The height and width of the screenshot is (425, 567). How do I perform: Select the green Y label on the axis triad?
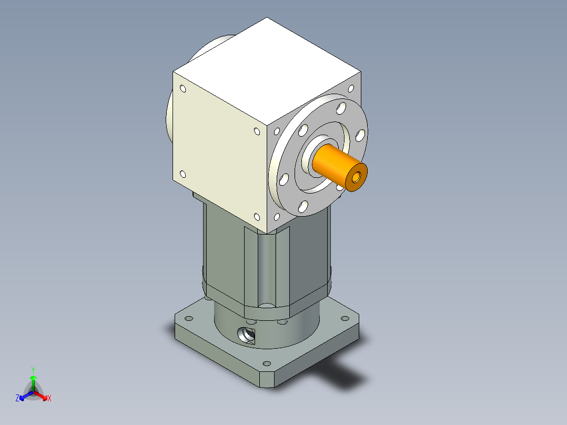(x=33, y=369)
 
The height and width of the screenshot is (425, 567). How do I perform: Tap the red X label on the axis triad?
(x=49, y=398)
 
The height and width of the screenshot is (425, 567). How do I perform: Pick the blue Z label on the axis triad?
(x=17, y=398)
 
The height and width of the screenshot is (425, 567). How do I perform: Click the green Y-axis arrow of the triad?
(x=33, y=381)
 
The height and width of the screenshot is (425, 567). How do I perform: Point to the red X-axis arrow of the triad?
(x=42, y=395)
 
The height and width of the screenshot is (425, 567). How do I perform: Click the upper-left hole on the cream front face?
(x=183, y=89)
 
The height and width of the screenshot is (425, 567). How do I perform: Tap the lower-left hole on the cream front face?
(x=183, y=174)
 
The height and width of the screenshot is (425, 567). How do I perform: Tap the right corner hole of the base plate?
(x=345, y=318)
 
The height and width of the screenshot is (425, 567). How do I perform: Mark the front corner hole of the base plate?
(x=266, y=363)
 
